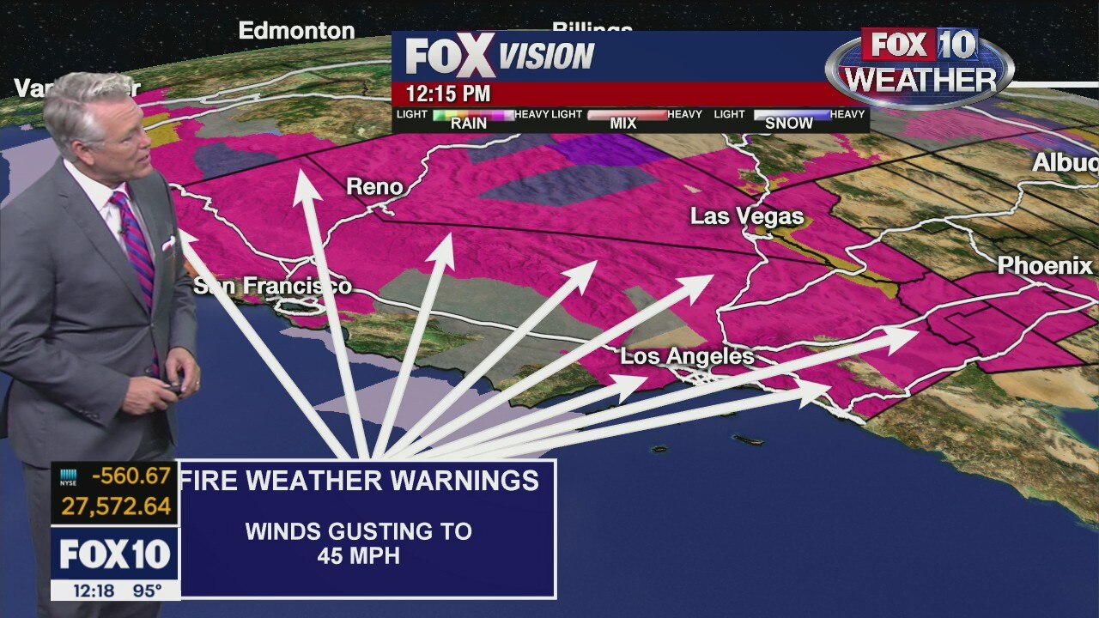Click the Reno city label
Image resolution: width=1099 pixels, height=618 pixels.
pyautogui.click(x=374, y=186)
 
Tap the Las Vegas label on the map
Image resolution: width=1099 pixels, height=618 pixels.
pyautogui.click(x=747, y=216)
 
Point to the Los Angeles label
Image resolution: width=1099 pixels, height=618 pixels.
pyautogui.click(x=687, y=356)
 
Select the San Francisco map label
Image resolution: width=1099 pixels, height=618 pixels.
pyautogui.click(x=273, y=286)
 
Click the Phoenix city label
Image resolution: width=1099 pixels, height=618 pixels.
pyautogui.click(x=1045, y=266)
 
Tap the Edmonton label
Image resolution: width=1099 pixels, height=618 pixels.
pyautogui.click(x=296, y=31)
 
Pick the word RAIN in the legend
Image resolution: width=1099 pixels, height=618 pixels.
pyautogui.click(x=469, y=124)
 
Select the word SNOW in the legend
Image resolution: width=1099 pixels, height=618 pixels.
pyautogui.click(x=788, y=124)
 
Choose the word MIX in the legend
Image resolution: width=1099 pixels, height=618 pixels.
pyautogui.click(x=623, y=124)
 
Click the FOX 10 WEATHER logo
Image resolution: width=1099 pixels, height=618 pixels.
pyautogui.click(x=920, y=64)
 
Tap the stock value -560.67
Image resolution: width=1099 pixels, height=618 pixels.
pyautogui.click(x=128, y=476)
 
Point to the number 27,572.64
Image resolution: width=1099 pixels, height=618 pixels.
pyautogui.click(x=116, y=506)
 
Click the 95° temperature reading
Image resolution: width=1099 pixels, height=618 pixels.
pyautogui.click(x=147, y=591)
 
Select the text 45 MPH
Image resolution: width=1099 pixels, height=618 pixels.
pyautogui.click(x=358, y=555)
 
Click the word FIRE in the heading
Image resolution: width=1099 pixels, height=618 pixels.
pyautogui.click(x=210, y=481)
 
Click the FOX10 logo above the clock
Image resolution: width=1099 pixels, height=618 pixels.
pyautogui.click(x=115, y=554)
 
